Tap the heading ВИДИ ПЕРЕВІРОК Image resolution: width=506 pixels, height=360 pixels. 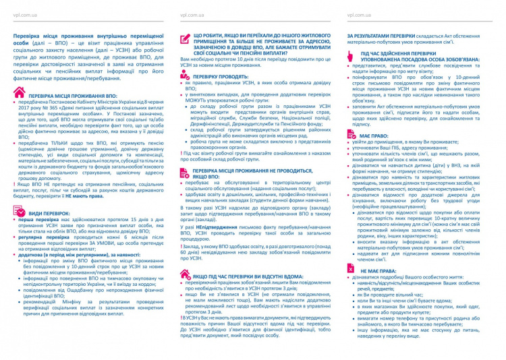pyautogui.click(x=49, y=212)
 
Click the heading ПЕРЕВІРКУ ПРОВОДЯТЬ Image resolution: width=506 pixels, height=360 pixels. pyautogui.click(x=219, y=77)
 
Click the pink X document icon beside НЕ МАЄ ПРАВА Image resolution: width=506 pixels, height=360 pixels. pyautogui.click(x=351, y=287)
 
